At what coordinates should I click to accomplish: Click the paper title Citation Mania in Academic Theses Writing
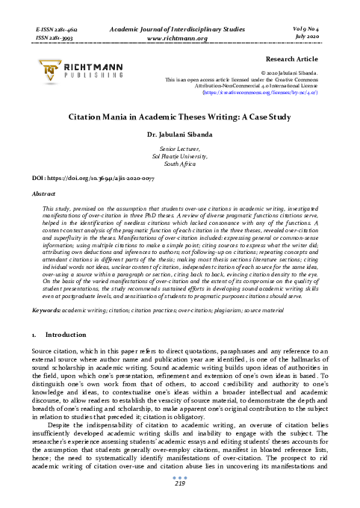point(179,118)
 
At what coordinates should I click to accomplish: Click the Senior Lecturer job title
point(179,150)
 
